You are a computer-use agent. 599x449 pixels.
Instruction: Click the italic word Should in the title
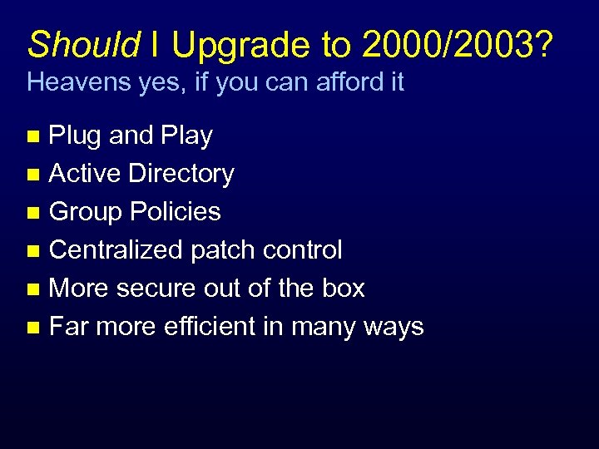[83, 44]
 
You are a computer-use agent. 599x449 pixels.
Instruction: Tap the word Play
[185, 136]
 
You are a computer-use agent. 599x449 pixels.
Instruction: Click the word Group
[85, 212]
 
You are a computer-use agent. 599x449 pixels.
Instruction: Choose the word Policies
[176, 212]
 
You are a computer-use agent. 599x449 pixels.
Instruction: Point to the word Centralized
[116, 250]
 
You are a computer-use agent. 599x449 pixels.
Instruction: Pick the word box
[343, 289]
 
